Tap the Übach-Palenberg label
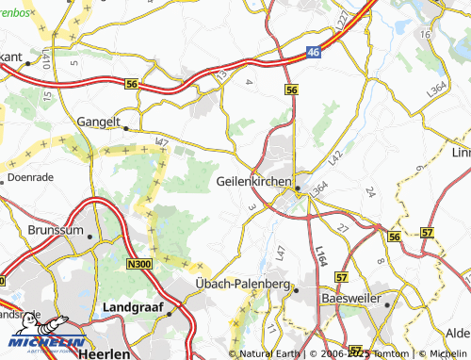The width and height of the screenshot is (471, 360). (x=240, y=284)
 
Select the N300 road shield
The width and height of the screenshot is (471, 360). (x=138, y=267)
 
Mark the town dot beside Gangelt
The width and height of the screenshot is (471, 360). (x=125, y=128)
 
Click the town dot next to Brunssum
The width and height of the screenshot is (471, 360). (x=90, y=237)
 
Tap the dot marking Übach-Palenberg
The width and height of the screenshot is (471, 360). (x=295, y=290)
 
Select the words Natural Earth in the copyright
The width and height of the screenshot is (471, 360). (x=269, y=353)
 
